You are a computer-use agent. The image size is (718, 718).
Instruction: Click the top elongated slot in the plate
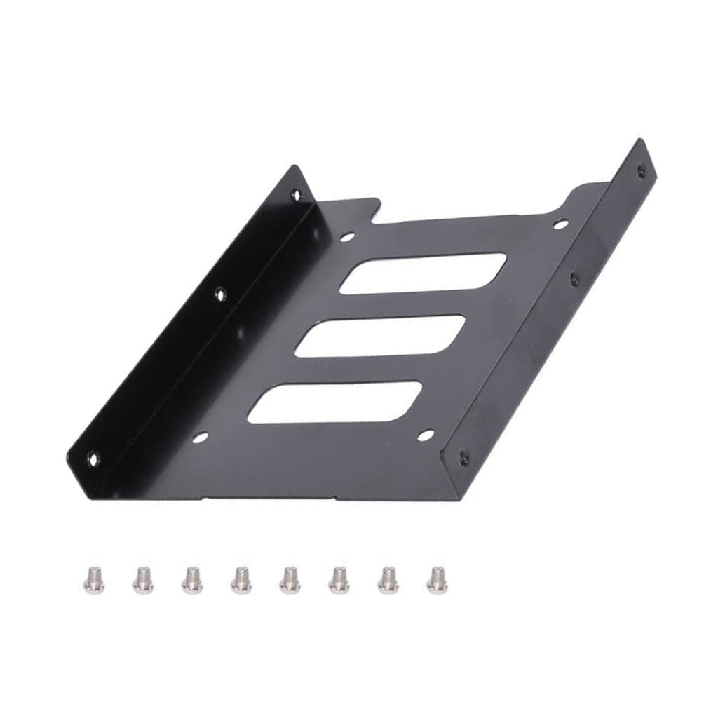[x=423, y=273]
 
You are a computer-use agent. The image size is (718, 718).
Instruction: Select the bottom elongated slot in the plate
[x=334, y=402]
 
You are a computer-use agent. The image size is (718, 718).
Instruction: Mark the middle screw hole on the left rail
[x=220, y=295]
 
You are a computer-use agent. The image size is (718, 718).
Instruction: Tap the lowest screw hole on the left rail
[x=93, y=459]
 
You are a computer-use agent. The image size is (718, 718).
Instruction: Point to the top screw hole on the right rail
[x=639, y=170]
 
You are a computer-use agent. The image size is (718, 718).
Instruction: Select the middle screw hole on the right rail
[x=574, y=279]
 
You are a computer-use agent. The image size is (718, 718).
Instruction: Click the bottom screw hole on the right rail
[x=463, y=456]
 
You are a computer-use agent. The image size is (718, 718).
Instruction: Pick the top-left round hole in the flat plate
[x=346, y=237]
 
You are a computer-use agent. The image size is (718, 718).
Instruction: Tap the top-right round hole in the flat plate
[x=560, y=224]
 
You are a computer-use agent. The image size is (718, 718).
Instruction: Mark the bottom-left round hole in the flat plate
[x=200, y=438]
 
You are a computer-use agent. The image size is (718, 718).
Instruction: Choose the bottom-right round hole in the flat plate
[x=425, y=435]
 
